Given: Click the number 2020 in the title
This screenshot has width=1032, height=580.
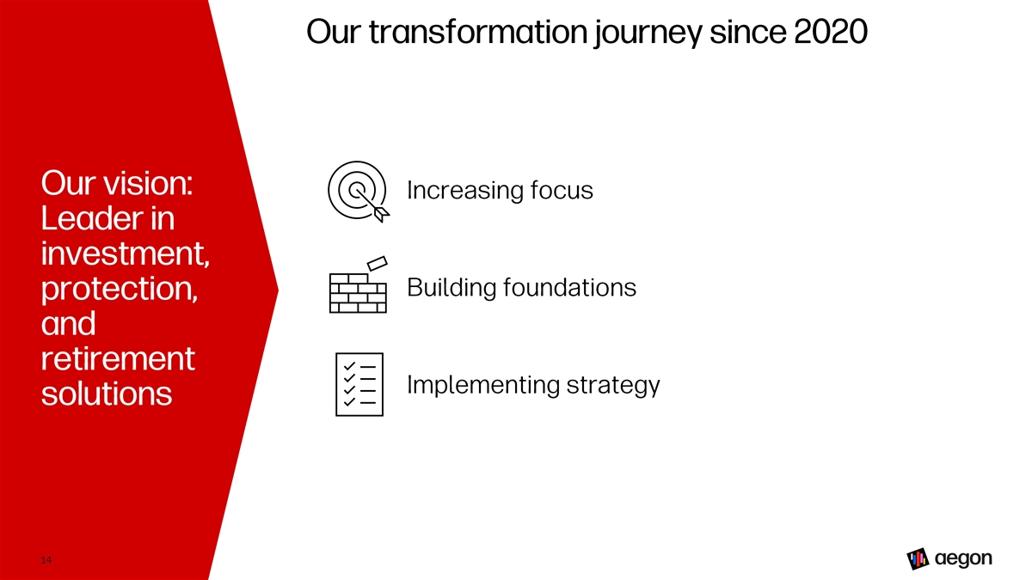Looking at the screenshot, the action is [x=831, y=32].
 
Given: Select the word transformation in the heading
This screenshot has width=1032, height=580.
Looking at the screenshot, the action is [x=478, y=32].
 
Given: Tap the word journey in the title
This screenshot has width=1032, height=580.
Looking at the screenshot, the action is [x=648, y=34].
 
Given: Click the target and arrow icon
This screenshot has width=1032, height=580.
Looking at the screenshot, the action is [x=359, y=192].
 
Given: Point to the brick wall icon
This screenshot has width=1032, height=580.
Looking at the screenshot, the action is [x=359, y=285].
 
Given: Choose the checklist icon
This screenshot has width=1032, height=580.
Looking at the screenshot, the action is [x=359, y=384].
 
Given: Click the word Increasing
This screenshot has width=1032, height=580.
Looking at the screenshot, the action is [x=465, y=191].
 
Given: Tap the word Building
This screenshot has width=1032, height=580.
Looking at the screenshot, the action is [x=451, y=288].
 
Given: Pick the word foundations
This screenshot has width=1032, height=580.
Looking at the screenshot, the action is [x=569, y=287].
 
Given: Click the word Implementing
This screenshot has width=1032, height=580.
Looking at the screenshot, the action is [x=482, y=385].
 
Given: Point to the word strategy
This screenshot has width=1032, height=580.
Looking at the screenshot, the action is [x=613, y=386].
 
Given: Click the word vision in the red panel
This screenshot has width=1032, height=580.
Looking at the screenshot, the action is [x=148, y=183].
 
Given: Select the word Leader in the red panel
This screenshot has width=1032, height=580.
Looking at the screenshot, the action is [x=92, y=217].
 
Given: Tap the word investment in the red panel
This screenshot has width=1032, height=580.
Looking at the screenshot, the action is [x=126, y=253].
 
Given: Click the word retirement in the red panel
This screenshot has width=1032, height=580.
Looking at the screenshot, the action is [x=118, y=358].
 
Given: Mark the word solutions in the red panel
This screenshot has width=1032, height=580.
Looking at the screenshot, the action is [x=107, y=394].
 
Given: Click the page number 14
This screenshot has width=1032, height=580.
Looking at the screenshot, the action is [x=46, y=560].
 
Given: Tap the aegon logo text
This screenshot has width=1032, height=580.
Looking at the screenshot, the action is [x=963, y=559].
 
